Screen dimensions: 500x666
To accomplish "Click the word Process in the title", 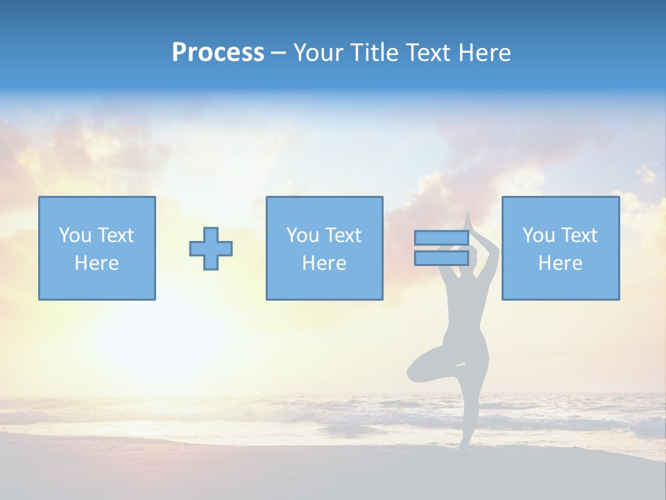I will click(218, 53).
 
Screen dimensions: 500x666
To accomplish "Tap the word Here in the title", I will click(486, 53).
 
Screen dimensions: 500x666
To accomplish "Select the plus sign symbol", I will click(211, 249).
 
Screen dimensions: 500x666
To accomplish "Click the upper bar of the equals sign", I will click(441, 238).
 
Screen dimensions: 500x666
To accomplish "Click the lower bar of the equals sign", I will click(441, 258).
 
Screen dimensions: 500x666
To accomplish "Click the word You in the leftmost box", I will click(75, 235).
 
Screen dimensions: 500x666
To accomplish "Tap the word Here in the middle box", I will click(324, 263).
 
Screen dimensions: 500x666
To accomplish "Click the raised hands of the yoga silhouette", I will click(468, 221).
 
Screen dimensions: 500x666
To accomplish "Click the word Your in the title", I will click(318, 53).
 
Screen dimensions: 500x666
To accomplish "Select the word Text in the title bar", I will click(428, 53).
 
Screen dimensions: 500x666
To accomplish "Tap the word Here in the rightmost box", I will click(560, 263).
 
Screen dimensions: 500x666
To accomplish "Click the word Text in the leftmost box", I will click(115, 235).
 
